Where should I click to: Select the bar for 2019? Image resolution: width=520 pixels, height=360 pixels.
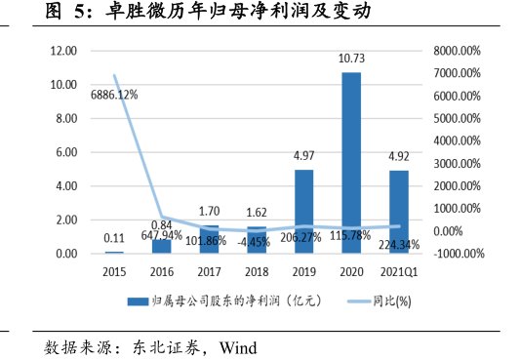(x=303, y=212)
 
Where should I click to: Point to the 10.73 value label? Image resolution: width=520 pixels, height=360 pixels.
(x=351, y=60)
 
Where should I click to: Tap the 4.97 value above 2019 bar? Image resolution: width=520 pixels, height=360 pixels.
(x=303, y=157)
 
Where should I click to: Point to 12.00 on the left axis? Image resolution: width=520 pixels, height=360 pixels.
(x=64, y=51)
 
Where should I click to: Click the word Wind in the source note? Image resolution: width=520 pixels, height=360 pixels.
(x=238, y=346)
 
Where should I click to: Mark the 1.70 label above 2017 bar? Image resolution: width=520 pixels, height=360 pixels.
(x=209, y=210)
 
